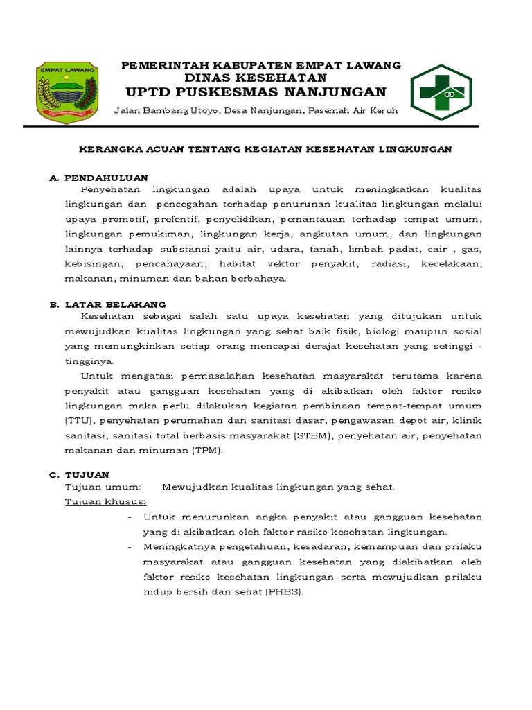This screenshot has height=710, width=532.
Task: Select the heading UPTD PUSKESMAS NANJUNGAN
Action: pyautogui.click(x=256, y=92)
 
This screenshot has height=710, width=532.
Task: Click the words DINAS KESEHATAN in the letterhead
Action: pyautogui.click(x=261, y=78)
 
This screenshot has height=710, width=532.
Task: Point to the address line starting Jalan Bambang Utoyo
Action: pyautogui.click(x=262, y=111)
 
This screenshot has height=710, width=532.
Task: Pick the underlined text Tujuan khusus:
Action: pyautogui.click(x=105, y=501)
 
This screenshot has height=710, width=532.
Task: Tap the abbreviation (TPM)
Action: pyautogui.click(x=208, y=450)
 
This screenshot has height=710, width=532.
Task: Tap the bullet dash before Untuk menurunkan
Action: pyautogui.click(x=132, y=517)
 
